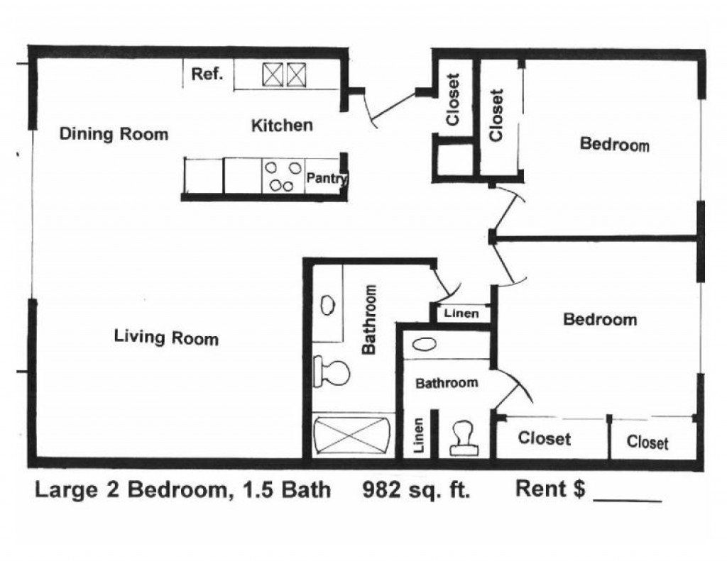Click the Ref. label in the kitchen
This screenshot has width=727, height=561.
tap(207, 74)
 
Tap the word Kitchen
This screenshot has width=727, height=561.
tap(282, 126)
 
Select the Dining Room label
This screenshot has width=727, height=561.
tap(114, 134)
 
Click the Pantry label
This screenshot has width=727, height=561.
tap(326, 178)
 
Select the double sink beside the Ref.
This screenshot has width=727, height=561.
tap(284, 74)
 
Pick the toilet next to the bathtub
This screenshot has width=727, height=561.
tap(332, 372)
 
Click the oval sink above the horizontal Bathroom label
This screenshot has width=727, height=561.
tap(424, 345)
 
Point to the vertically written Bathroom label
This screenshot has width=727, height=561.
tap(369, 319)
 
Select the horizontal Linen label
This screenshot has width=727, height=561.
tap(461, 313)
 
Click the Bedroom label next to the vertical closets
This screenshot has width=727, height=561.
tap(614, 144)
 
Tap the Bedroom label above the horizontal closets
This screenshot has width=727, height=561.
tap(599, 319)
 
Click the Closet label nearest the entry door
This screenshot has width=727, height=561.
tap(454, 100)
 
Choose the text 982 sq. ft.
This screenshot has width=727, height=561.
tap(416, 489)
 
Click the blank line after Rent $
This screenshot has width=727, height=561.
tap(627, 496)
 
